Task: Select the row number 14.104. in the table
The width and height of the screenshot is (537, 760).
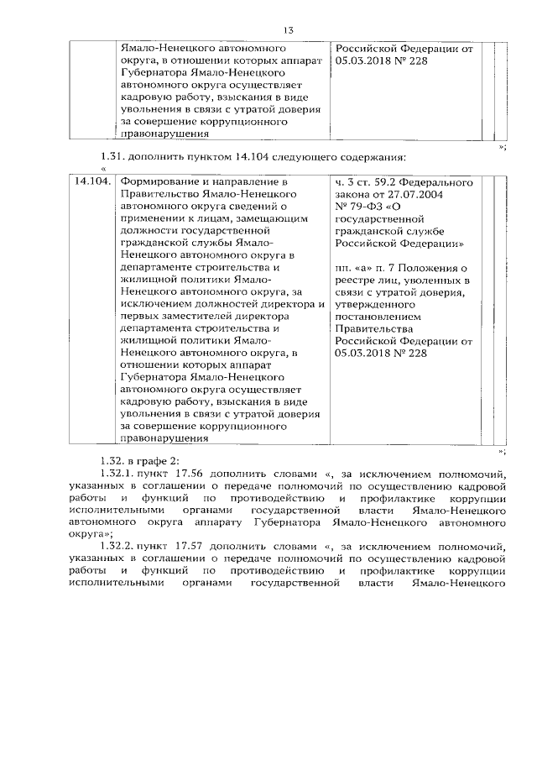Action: [x=92, y=181]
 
